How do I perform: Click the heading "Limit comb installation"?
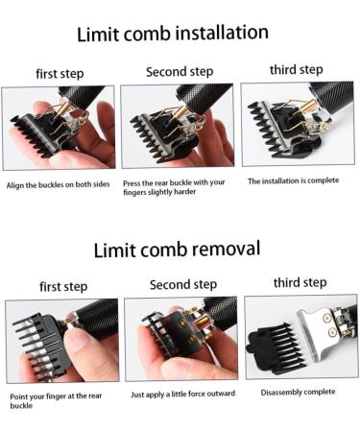pos(172,34)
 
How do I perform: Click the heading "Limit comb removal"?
pos(177,251)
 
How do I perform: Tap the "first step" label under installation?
pos(59,74)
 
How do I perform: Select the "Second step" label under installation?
pos(180,72)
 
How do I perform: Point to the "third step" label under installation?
pos(296,69)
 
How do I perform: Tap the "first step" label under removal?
pos(63,286)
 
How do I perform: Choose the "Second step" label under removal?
pos(183,284)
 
